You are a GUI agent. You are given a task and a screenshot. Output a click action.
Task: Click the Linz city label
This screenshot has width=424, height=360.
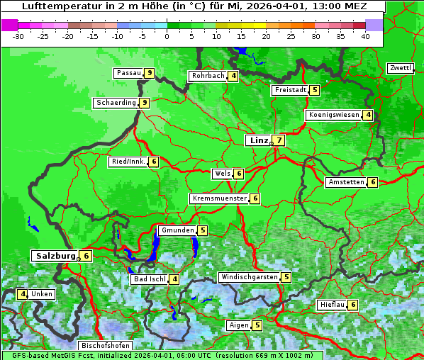258,140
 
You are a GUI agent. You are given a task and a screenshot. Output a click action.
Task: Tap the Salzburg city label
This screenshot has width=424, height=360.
54,255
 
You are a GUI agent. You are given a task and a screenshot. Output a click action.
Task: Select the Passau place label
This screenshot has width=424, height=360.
128,73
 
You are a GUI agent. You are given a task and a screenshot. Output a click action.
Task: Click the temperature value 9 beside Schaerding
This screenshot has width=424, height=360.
145,103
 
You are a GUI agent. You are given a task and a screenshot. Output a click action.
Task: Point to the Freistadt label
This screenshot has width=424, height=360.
290,90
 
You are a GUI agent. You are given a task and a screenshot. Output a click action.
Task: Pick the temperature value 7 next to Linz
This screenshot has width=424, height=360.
279,140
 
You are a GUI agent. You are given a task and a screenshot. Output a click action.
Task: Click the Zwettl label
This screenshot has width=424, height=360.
400,68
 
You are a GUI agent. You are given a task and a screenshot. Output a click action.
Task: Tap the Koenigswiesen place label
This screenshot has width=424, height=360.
333,115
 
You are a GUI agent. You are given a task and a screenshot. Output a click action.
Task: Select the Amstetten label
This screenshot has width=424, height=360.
345,182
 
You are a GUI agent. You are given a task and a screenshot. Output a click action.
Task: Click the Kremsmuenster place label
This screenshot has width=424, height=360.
218,198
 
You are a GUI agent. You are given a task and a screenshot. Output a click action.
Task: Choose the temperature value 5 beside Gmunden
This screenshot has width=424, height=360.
203,230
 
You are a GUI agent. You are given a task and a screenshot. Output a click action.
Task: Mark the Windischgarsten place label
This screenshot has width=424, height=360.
248,277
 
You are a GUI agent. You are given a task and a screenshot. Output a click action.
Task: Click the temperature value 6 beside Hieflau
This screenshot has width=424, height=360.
354,305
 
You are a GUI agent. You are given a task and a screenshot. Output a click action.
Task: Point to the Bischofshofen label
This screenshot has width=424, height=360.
105,346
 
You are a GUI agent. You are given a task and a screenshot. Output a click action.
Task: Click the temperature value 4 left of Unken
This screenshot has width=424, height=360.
23,294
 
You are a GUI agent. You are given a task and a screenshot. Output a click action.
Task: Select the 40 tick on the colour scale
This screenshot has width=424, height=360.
365,36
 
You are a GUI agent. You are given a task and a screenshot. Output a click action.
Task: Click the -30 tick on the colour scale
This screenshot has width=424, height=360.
19,36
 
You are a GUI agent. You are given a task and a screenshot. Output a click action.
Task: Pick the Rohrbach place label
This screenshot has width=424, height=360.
208,76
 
